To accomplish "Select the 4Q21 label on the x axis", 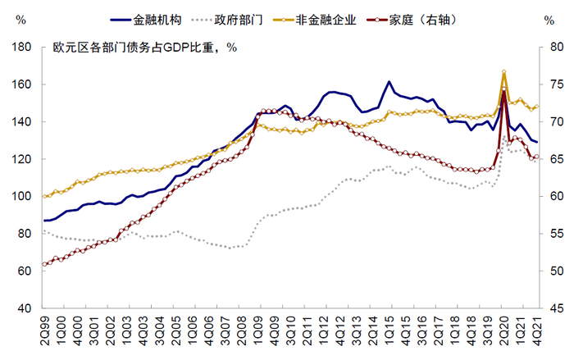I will [537, 332].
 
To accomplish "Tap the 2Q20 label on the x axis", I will [503, 332].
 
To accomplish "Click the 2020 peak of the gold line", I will [503, 72].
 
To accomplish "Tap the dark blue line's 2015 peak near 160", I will [389, 81].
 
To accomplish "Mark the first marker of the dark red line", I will [44, 264].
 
